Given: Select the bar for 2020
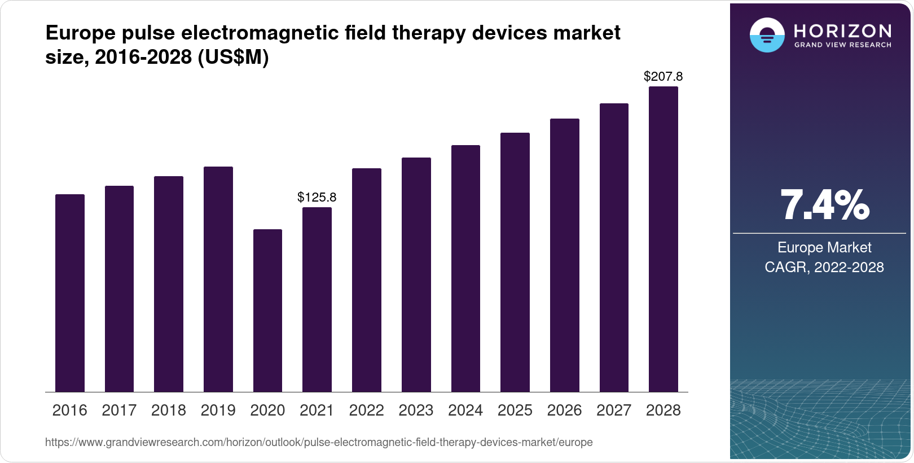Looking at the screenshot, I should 267,311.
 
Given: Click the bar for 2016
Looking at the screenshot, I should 70,293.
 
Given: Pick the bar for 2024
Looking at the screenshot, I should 465,268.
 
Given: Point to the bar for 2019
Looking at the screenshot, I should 218,279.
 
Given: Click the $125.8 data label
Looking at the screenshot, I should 317,197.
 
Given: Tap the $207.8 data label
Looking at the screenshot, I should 663,76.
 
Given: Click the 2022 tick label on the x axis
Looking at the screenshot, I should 366,410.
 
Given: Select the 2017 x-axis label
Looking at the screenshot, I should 119,410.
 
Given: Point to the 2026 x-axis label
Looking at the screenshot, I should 564,410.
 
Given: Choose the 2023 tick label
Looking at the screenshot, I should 416,410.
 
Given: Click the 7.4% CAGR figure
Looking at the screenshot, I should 824,206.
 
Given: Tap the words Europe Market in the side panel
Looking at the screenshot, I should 824,247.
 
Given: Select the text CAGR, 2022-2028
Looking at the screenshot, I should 824,267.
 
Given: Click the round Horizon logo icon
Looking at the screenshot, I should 767,35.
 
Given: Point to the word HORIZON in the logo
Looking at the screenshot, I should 842,30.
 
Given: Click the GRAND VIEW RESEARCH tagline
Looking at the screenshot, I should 842,45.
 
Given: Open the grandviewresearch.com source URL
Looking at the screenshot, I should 319,442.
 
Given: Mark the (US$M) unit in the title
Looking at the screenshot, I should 233,57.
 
